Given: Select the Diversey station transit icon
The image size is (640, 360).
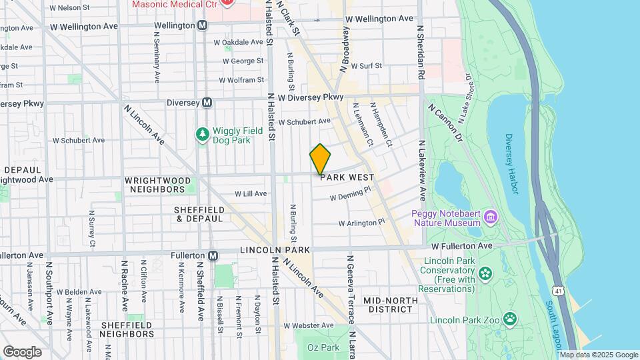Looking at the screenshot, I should coord(207,103).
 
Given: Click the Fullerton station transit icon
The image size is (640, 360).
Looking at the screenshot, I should coord(213,255).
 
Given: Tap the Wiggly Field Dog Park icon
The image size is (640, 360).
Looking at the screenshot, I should coord(202,135).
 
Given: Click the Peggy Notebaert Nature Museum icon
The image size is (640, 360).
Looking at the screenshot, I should coord(491,217).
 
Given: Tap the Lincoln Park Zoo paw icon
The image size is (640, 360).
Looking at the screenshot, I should coord(510,318).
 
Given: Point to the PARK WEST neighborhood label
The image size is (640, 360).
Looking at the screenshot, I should coord(347,178).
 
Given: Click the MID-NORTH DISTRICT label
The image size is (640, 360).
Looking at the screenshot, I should coord(391,305).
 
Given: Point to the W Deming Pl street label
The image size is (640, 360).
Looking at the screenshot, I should coord(350,195).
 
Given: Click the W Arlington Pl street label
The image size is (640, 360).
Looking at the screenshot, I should coord(362,223).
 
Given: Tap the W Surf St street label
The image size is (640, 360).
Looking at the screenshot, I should coord(361,66).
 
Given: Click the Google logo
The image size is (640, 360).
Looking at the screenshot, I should coord(22,351).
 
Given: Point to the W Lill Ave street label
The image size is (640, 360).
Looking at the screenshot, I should coord(251,194).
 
